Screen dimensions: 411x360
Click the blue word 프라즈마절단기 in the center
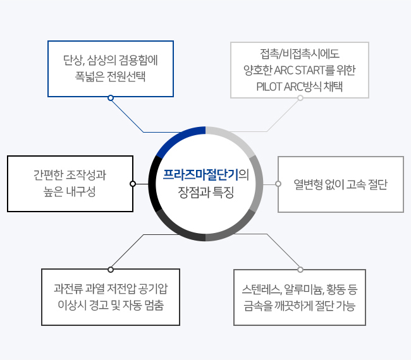pyautogui.click(x=200, y=175)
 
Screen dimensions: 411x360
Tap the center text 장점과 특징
pyautogui.click(x=205, y=193)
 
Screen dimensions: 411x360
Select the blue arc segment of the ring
pyautogui.click(x=178, y=138)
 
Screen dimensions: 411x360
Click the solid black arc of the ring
pyautogui.click(x=152, y=184)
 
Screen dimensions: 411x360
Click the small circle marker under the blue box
pyautogui.click(x=111, y=98)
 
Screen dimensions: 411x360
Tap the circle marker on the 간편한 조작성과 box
pyautogui.click(x=133, y=184)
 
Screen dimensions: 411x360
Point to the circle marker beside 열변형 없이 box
pyautogui.click(x=278, y=184)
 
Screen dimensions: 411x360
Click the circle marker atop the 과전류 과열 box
pyautogui.click(x=111, y=270)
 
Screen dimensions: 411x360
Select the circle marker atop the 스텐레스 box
pyautogui.click(x=300, y=270)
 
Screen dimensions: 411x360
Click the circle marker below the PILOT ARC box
pyautogui.click(x=300, y=98)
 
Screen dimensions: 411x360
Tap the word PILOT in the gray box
pyautogui.click(x=269, y=87)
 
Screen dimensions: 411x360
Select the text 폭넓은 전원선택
pyautogui.click(x=110, y=76)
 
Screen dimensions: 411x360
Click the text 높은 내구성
pyautogui.click(x=70, y=191)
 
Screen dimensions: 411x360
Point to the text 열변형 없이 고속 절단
pyautogui.click(x=340, y=184)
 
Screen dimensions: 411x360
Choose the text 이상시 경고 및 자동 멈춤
pyautogui.click(x=111, y=305)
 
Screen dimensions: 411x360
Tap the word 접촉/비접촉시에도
pyautogui.click(x=300, y=54)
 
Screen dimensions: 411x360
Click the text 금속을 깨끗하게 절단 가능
pyautogui.click(x=299, y=306)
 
